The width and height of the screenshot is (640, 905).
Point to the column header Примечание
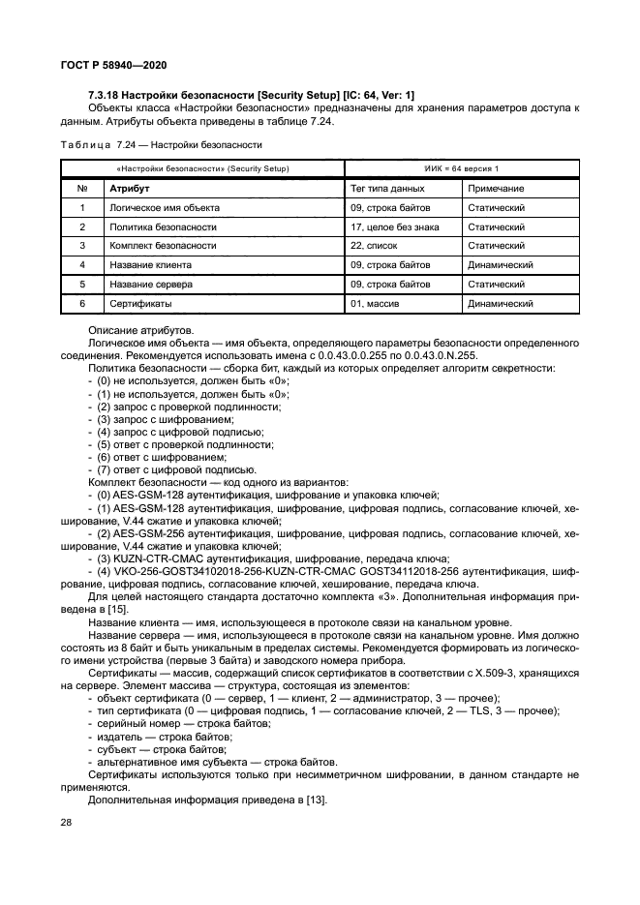496,188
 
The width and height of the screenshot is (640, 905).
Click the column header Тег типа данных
387,188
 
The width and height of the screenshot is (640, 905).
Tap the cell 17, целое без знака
395,226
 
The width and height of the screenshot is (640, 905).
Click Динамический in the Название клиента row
501,265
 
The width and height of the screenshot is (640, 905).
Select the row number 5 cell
82,285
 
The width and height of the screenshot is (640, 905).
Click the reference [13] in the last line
318,799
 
